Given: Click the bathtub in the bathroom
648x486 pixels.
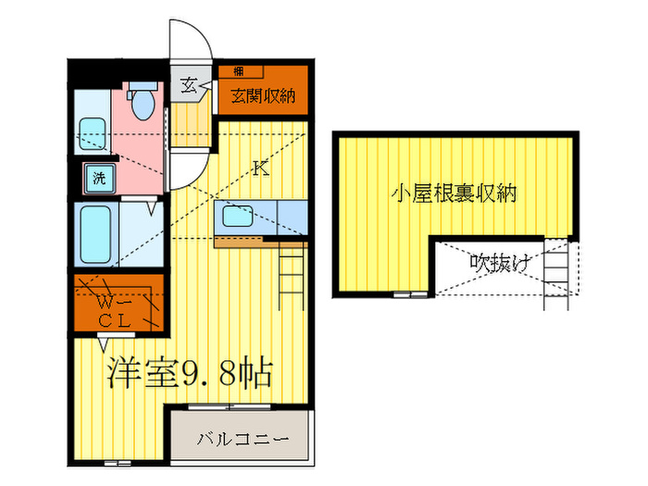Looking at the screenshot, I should point(96,235).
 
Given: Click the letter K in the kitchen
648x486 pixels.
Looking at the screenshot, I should point(260,168).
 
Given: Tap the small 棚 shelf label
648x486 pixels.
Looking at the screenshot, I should point(239,70).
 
